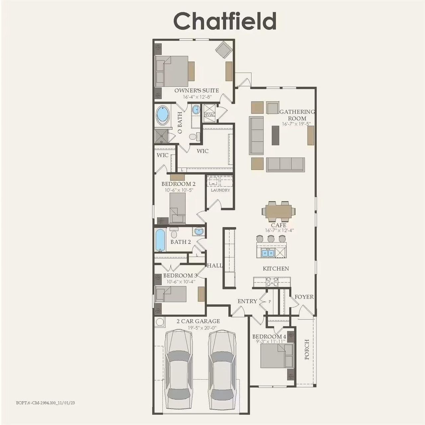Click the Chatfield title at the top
pos(225,21)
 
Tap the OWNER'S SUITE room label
pos(197,90)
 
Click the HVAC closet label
pos(210,115)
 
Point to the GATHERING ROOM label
pos(297,115)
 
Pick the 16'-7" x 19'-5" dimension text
pos(296,124)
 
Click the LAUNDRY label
pos(220,190)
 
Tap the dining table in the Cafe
pos(279,211)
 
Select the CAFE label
pos(279,225)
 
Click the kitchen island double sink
pos(268,253)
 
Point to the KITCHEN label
pos(276,269)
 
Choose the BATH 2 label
pos(181,242)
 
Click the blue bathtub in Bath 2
pos(160,240)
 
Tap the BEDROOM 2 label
pos(178,184)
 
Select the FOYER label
pos(304,297)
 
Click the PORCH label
pos(307,349)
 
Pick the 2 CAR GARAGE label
pos(198,321)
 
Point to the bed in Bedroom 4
pos(273,356)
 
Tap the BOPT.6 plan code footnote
pos(45,403)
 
